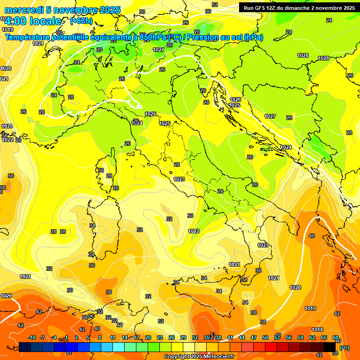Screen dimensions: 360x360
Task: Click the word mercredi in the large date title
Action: click(x=23, y=10)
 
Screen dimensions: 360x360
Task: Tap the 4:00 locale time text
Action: click(x=32, y=21)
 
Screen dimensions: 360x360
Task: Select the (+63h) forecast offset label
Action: click(x=81, y=21)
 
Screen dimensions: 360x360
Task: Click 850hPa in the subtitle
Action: click(x=154, y=37)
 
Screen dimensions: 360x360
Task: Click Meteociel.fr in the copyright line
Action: click(x=217, y=357)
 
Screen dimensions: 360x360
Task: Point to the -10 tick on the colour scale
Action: click(x=32, y=337)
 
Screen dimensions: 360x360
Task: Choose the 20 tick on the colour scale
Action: click(x=148, y=337)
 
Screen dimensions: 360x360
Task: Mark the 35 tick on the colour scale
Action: click(x=207, y=337)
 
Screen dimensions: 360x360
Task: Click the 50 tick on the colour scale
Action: click(x=265, y=337)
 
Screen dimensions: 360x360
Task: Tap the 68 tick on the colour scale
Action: click(x=336, y=337)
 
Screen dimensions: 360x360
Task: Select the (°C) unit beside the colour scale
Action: click(x=345, y=347)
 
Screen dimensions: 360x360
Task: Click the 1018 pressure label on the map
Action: click(x=317, y=330)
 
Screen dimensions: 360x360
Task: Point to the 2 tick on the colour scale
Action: click(x=77, y=337)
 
